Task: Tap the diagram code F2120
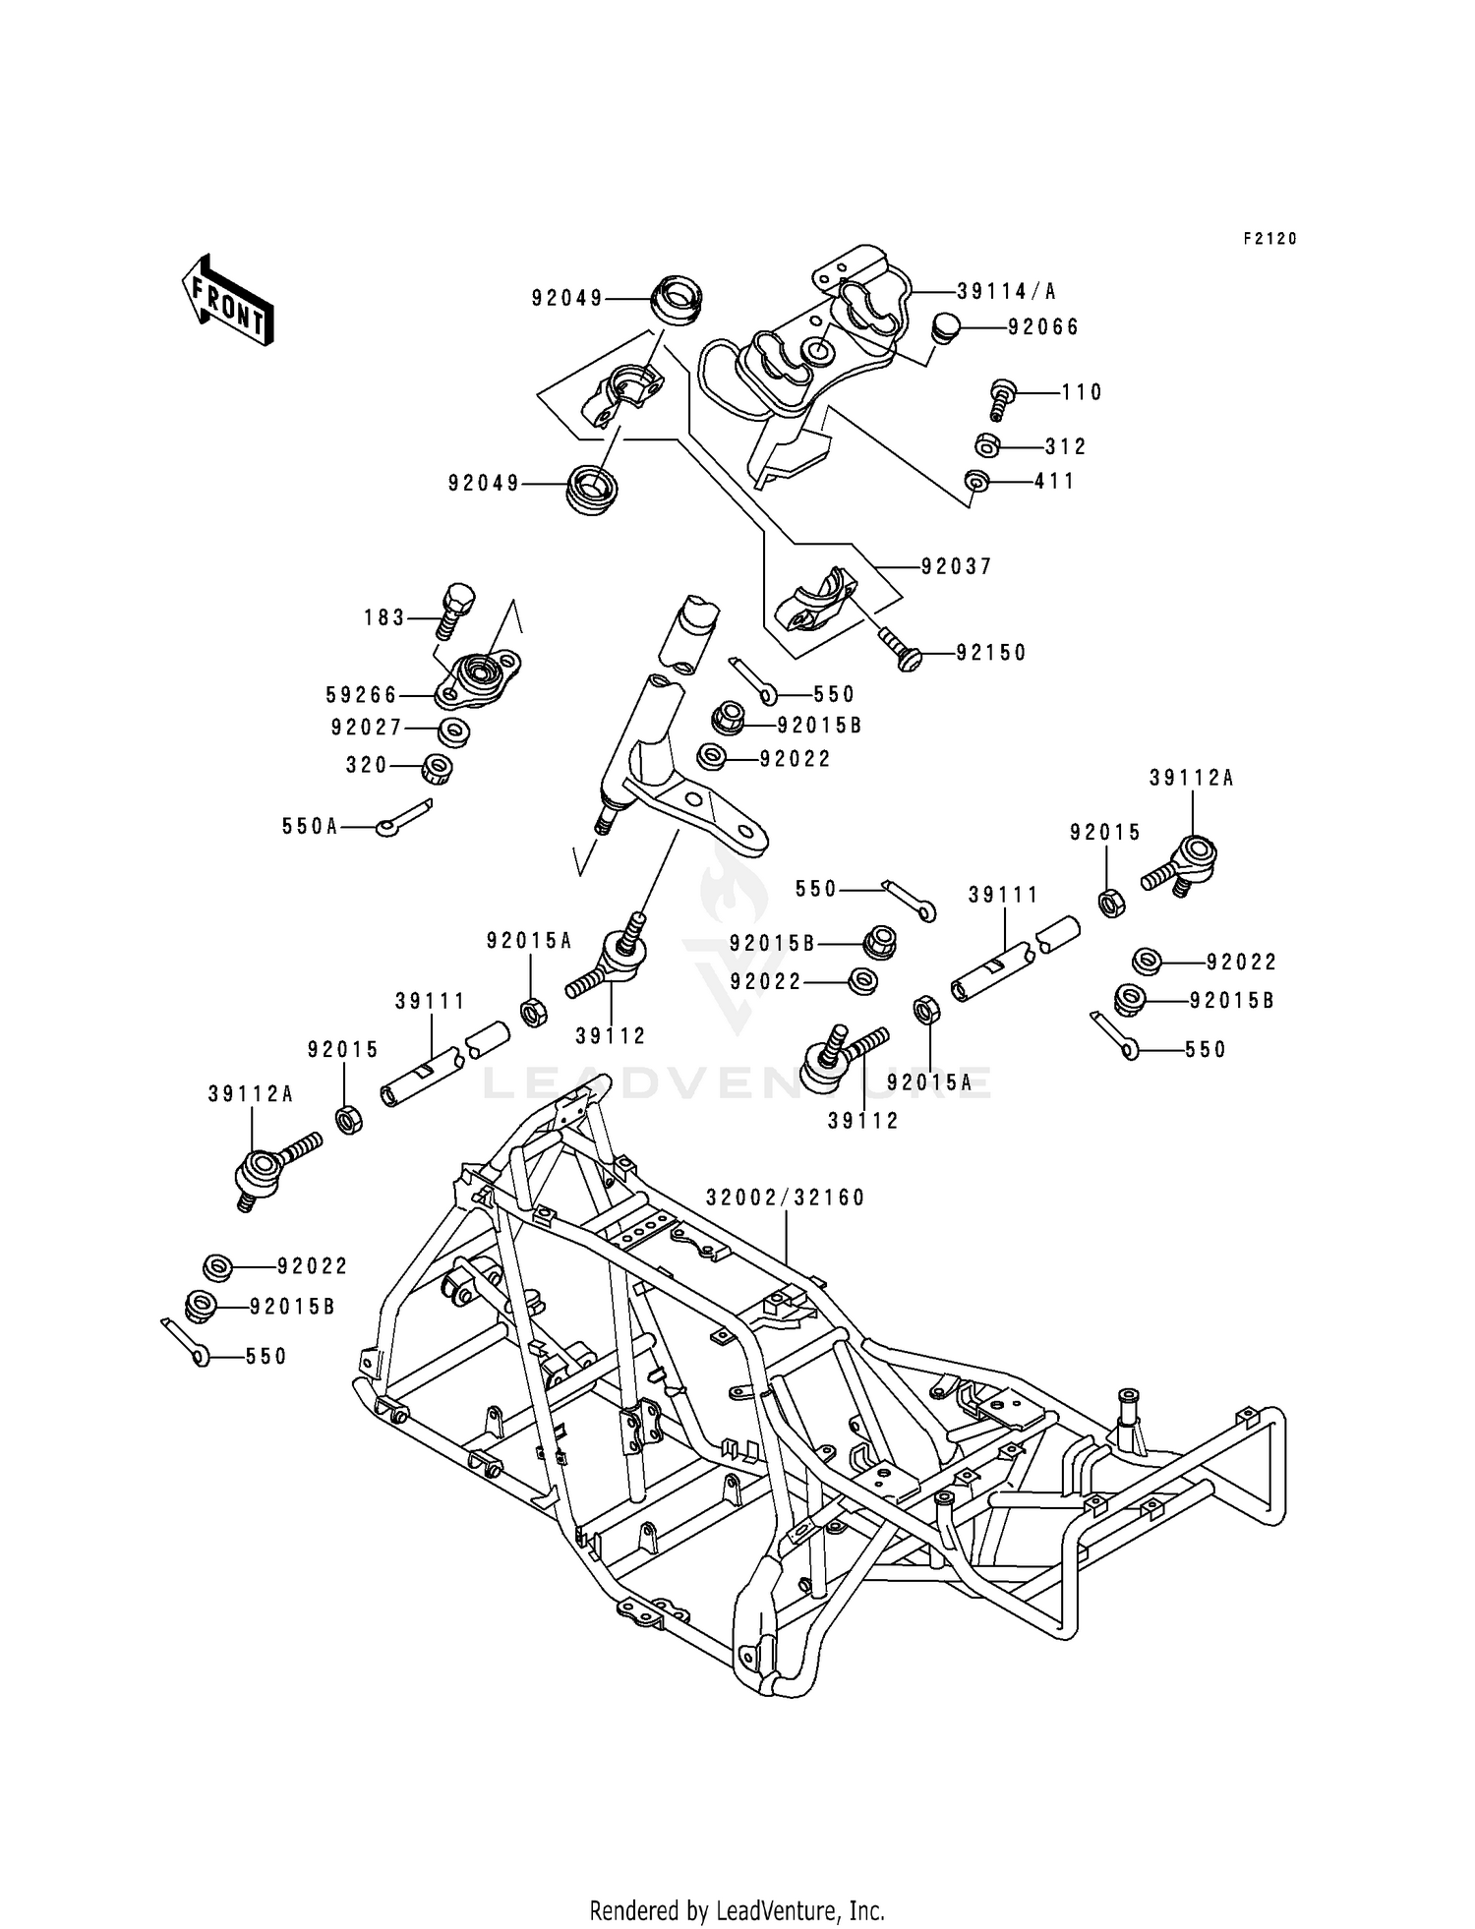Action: (x=1269, y=239)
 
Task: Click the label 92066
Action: (x=1043, y=327)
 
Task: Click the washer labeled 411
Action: (x=976, y=482)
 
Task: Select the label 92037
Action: (x=957, y=567)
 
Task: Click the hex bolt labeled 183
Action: (x=457, y=609)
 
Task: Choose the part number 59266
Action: (x=361, y=696)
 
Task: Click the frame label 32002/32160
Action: (x=785, y=1198)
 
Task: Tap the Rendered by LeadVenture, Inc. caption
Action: (x=737, y=1911)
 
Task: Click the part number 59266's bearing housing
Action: (x=479, y=675)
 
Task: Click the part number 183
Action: (x=384, y=618)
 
